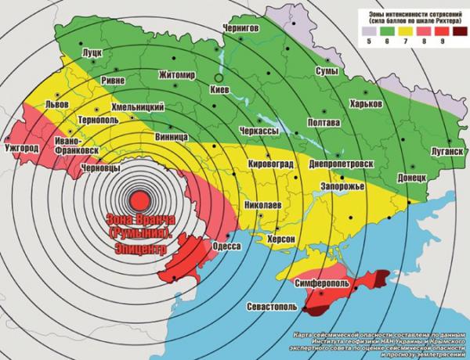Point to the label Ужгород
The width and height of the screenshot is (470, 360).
[21, 147]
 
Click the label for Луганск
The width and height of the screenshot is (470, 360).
[443, 148]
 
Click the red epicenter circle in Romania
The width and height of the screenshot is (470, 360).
[139, 200]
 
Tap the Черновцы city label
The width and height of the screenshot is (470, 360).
[101, 167]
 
